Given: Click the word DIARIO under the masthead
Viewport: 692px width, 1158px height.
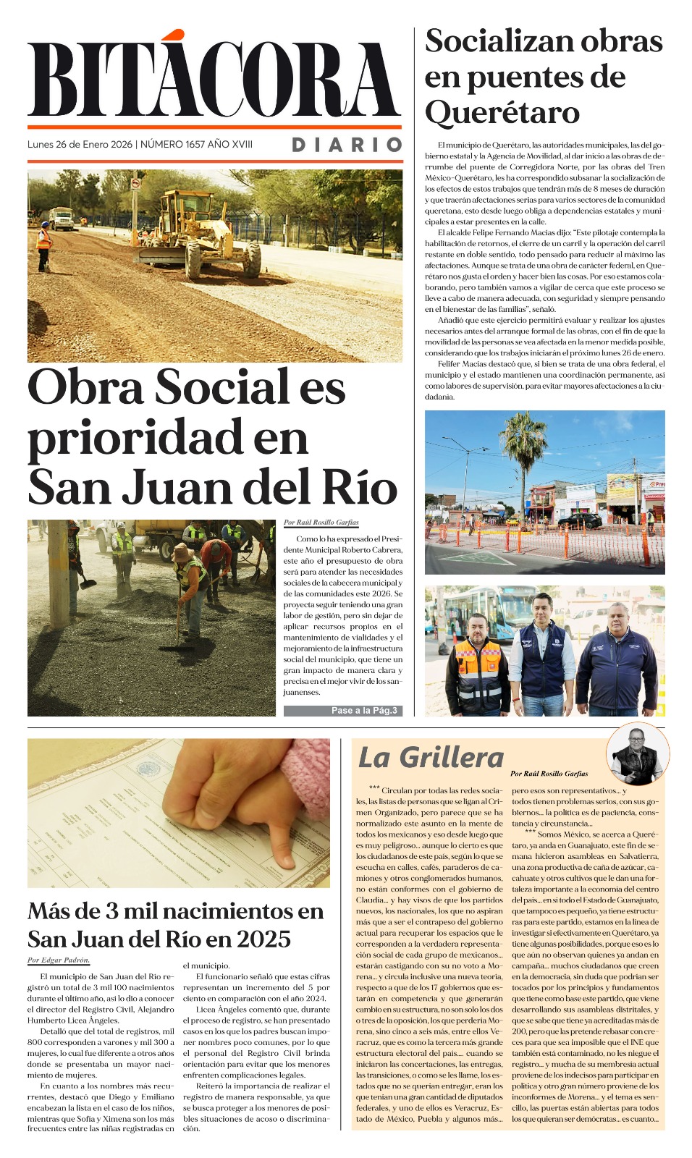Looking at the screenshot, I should point(347,145).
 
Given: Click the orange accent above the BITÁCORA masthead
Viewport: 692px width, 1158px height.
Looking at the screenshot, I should point(172,35).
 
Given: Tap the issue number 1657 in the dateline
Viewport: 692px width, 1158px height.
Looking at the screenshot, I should point(195,144).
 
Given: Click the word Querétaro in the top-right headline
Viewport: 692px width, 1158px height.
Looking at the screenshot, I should point(502,113).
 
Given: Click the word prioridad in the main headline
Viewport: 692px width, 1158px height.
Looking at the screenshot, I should point(167,438).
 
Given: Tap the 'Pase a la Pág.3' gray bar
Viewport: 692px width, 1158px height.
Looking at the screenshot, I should point(342,711).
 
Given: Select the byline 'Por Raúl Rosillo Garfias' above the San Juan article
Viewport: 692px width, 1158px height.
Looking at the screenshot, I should point(321,523).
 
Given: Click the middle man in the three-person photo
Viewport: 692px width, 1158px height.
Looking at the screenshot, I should point(543,655).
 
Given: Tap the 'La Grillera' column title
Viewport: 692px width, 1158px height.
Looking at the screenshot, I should point(431,758).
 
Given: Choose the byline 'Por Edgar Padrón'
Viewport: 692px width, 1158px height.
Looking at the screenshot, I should point(59,960).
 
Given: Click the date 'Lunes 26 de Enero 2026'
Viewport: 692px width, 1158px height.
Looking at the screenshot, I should point(80,144).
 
